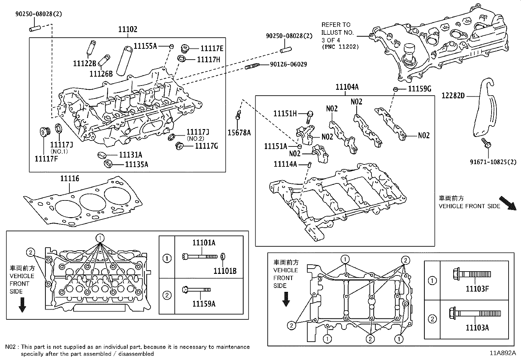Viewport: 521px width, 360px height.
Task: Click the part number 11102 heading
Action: [128, 29]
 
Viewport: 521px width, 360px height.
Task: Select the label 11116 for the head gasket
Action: [69, 179]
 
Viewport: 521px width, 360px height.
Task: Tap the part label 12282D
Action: [453, 96]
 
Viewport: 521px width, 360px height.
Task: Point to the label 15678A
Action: [239, 132]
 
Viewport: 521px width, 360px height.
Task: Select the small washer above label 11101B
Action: [223, 256]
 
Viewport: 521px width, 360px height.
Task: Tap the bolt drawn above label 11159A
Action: [196, 290]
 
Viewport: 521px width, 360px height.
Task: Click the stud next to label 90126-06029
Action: [252, 66]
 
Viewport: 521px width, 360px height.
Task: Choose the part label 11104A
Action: [347, 87]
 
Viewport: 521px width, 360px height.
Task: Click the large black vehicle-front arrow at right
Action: [507, 202]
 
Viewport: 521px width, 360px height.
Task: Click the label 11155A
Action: [145, 46]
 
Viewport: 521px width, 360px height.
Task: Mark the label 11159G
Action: [420, 89]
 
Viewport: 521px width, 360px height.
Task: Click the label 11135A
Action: [136, 164]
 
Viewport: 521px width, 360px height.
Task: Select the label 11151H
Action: [285, 114]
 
